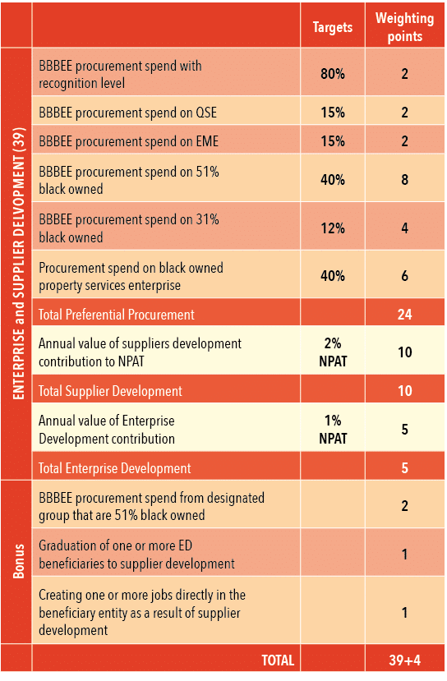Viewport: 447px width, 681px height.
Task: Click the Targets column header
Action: pyautogui.click(x=332, y=27)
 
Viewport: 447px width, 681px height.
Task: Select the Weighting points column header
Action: pyautogui.click(x=404, y=27)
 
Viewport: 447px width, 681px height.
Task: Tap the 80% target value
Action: pyautogui.click(x=332, y=74)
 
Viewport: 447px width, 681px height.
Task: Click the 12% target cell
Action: pyautogui.click(x=332, y=229)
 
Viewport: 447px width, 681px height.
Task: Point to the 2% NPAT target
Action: pyautogui.click(x=332, y=352)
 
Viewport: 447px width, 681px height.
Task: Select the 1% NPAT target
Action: pyautogui.click(x=332, y=429)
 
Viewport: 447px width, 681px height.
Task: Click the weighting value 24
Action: pyautogui.click(x=404, y=313)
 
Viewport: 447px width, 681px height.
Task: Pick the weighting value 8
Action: pyautogui.click(x=404, y=178)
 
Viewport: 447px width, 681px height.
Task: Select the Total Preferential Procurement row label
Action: pyautogui.click(x=117, y=314)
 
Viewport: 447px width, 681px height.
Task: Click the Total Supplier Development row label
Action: pyautogui.click(x=110, y=391)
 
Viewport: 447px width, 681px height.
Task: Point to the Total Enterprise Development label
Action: pyautogui.click(x=114, y=468)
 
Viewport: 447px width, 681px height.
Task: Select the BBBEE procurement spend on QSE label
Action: pyautogui.click(x=127, y=113)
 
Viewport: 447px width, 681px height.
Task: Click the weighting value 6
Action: pyautogui.click(x=404, y=276)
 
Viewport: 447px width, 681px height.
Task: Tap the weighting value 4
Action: pyautogui.click(x=404, y=229)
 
